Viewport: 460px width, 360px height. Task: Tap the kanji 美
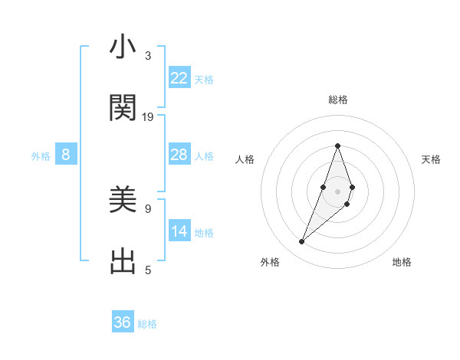click(123, 201)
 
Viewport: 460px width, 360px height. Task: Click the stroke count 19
click(148, 117)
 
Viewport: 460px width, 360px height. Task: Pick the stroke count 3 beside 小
click(148, 56)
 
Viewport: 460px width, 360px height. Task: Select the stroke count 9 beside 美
click(148, 208)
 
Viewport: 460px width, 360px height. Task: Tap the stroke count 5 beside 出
click(148, 270)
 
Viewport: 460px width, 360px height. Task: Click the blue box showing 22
click(179, 78)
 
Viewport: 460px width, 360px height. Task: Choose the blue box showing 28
click(179, 155)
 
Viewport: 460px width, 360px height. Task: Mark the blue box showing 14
click(179, 231)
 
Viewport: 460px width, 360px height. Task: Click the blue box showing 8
click(66, 155)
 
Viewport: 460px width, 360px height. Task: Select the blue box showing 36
click(123, 322)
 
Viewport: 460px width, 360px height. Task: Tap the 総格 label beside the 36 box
click(148, 324)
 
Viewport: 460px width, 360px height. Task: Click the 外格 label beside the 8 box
click(41, 156)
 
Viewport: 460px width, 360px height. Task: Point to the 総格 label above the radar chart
click(337, 100)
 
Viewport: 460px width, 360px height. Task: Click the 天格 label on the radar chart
click(432, 159)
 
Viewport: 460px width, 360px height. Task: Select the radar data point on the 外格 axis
click(301, 242)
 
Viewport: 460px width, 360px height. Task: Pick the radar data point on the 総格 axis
click(337, 145)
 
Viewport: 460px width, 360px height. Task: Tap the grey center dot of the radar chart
click(337, 189)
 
